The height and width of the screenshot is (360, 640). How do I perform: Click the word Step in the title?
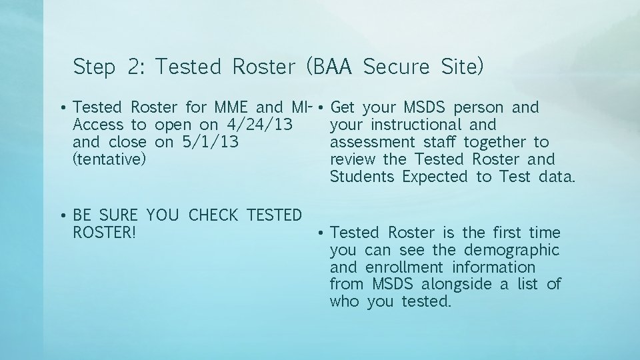point(94,67)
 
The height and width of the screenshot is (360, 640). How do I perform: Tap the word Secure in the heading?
point(399,67)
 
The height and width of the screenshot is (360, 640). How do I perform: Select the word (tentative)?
point(109,159)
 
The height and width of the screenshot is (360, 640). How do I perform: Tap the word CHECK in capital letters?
point(214,215)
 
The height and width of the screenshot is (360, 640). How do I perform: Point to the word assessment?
point(373,142)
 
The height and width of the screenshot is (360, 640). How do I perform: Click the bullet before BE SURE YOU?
point(62,216)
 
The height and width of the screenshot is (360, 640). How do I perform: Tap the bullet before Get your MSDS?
point(321,108)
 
